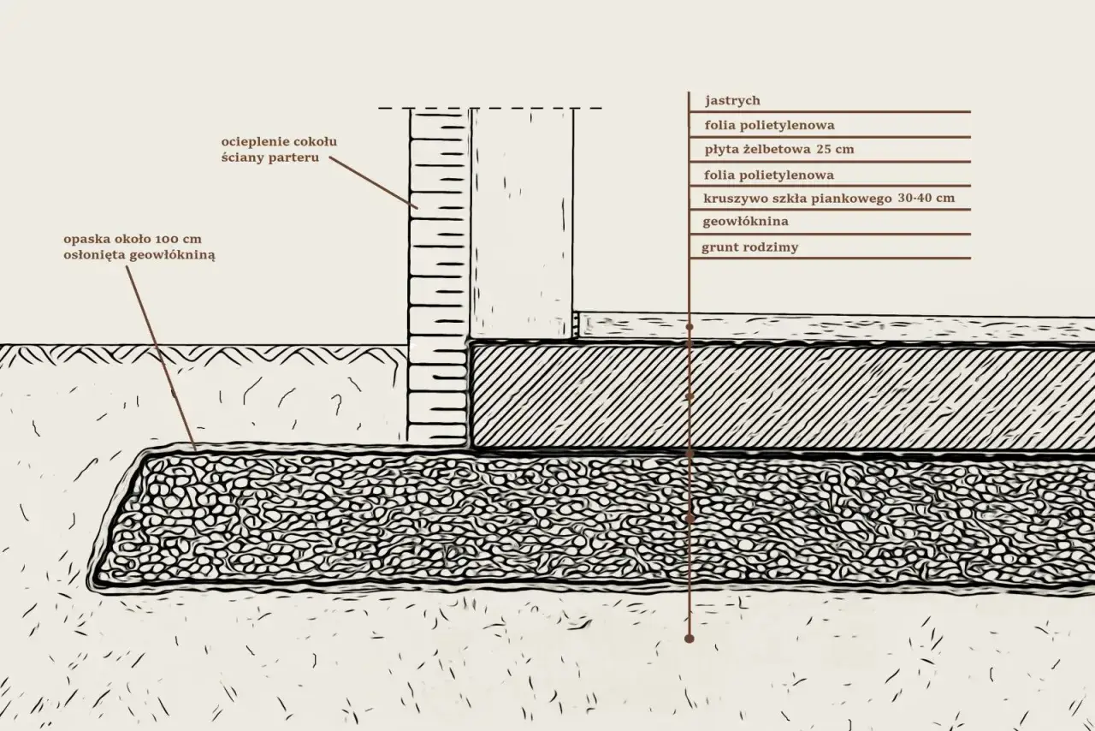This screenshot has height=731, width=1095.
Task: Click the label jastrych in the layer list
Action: click(732, 101)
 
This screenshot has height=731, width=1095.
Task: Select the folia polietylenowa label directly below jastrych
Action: click(769, 125)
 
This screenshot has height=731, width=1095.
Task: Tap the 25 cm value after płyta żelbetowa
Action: click(835, 150)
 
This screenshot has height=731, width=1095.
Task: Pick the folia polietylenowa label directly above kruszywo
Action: click(769, 175)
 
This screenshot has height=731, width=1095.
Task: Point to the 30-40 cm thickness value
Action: click(926, 199)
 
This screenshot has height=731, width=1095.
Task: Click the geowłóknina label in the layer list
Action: click(744, 222)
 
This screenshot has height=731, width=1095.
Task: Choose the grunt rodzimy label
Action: click(749, 248)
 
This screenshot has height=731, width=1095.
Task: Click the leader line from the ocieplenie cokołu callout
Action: click(370, 183)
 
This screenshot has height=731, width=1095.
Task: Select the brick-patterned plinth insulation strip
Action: click(438, 274)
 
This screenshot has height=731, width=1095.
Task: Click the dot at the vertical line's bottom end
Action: click(690, 639)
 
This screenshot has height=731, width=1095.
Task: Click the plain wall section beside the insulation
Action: click(522, 223)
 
